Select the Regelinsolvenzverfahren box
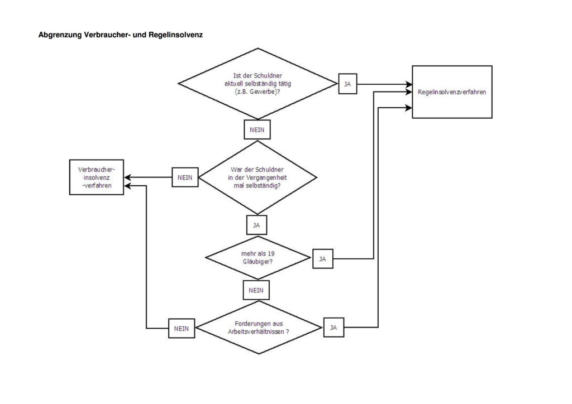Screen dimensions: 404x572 (x=452, y=92)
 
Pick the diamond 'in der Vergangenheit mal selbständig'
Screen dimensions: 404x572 (x=258, y=177)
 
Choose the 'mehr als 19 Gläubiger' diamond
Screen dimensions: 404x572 (x=258, y=257)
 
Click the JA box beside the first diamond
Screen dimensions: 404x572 (x=347, y=84)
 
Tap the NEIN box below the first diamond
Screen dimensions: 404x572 (x=257, y=129)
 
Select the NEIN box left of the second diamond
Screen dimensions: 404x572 (x=185, y=177)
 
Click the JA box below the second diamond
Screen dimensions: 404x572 (x=256, y=225)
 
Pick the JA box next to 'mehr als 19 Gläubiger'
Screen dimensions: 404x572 (x=322, y=259)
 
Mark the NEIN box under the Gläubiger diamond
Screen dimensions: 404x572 (x=256, y=290)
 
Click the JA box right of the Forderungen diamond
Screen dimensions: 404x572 (x=333, y=328)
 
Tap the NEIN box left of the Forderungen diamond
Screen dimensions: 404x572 (x=182, y=329)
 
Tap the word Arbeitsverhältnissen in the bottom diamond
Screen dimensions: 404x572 (x=256, y=331)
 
